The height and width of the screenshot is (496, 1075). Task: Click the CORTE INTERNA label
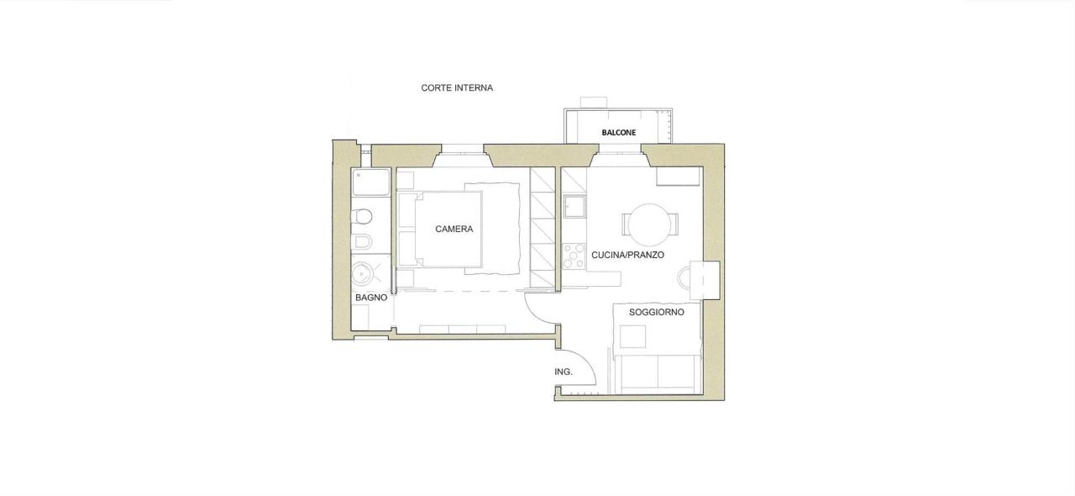click(457, 88)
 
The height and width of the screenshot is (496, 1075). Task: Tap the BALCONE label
click(619, 133)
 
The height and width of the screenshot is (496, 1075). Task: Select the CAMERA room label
click(454, 230)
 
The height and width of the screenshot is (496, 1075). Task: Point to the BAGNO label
click(371, 298)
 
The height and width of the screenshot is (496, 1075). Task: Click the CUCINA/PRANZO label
click(627, 256)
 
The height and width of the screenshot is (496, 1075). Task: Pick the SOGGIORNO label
click(657, 313)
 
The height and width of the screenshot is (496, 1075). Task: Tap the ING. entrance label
click(564, 372)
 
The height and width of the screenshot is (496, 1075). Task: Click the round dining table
click(649, 225)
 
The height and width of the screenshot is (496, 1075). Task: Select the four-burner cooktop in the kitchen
click(574, 256)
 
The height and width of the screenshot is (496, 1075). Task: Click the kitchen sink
click(574, 207)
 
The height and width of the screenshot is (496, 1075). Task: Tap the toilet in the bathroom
click(363, 217)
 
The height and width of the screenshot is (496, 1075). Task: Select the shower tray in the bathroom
click(370, 182)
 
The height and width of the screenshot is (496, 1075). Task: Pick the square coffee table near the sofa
click(632, 336)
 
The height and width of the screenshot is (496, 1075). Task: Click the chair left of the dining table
click(625, 224)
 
